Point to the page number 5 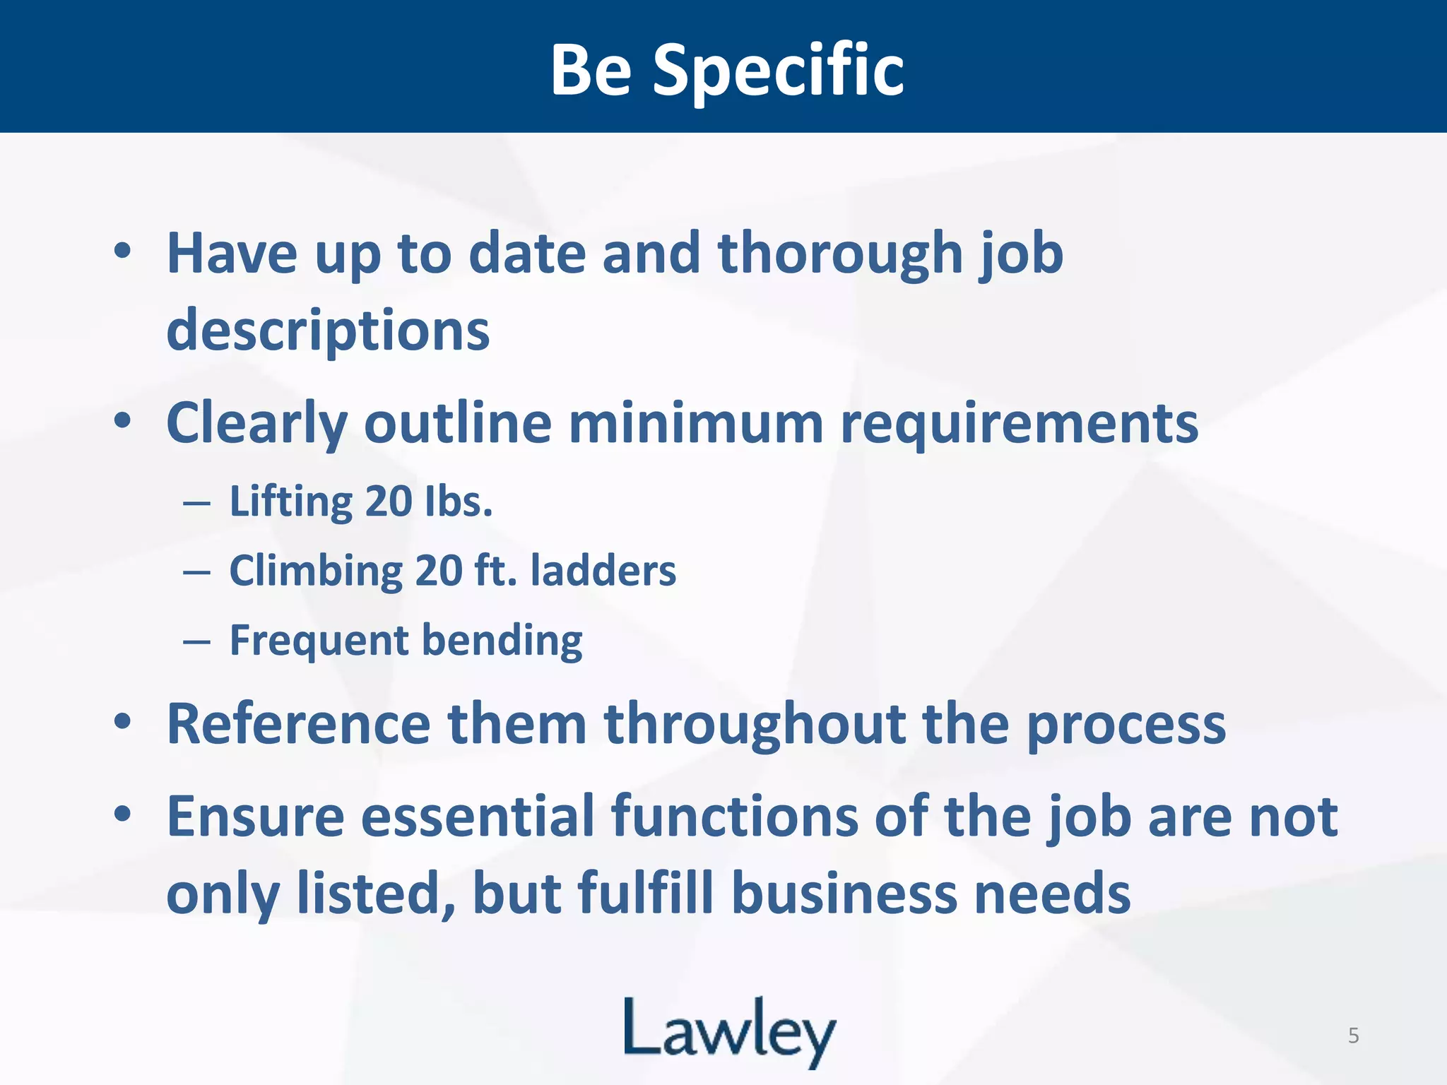tap(1353, 1036)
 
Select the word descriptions tap(328, 331)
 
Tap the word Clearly tap(256, 424)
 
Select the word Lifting tap(292, 502)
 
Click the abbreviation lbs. tap(459, 501)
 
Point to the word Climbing tap(316, 571)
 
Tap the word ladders tap(603, 570)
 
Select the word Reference tap(298, 724)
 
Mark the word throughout tap(755, 724)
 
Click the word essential tap(478, 817)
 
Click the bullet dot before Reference tap(122, 721)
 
